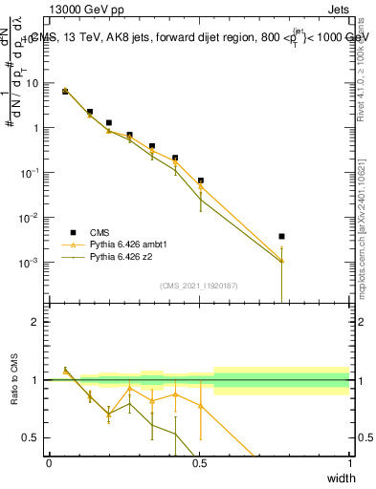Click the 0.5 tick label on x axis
coord(199,462)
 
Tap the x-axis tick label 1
coord(350,462)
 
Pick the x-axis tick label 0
coord(49,462)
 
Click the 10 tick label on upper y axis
coord(33,83)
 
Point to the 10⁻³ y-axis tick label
coord(31,262)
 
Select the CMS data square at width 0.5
coord(201,181)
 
